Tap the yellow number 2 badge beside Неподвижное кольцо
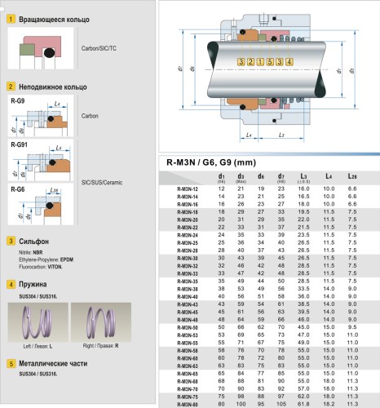point(10,85)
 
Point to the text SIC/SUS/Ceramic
point(104,182)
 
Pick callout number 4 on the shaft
point(290,62)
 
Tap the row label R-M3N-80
point(188,403)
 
